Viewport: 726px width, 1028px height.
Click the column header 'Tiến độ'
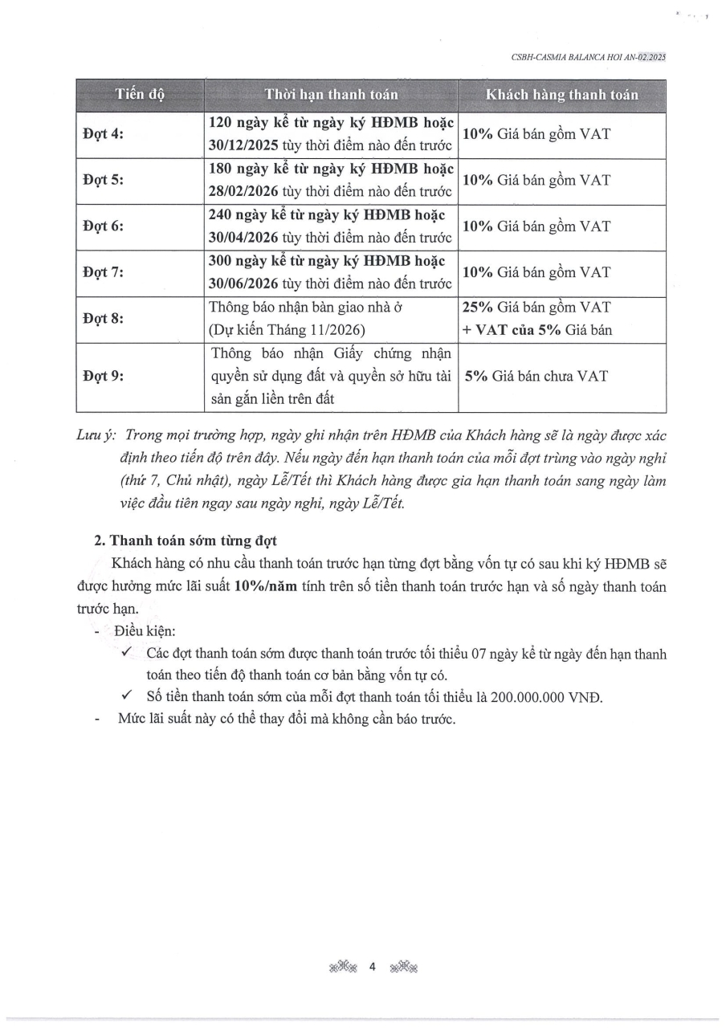click(140, 95)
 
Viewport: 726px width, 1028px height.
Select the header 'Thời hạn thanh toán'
click(331, 95)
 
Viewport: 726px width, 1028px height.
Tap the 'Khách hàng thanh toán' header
click(562, 95)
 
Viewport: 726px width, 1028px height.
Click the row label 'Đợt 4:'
click(104, 135)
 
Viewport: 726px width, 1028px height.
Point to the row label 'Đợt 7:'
click(104, 272)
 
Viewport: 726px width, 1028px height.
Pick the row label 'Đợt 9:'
click(104, 376)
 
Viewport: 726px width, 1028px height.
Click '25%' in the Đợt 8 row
click(479, 308)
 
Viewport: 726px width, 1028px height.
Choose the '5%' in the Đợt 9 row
click(476, 376)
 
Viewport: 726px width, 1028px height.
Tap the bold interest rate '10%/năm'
click(265, 586)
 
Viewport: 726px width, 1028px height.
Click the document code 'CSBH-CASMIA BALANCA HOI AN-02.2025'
click(588, 57)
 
